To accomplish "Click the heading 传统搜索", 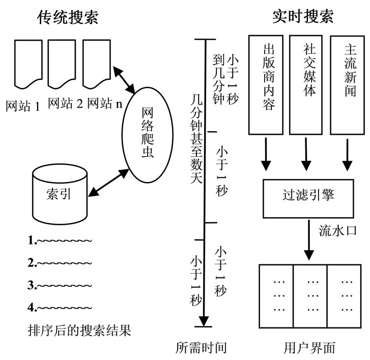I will (68, 17).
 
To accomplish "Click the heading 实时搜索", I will (303, 17).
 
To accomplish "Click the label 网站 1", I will (23, 106).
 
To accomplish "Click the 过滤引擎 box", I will (308, 194).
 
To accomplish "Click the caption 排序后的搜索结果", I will (80, 331).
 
